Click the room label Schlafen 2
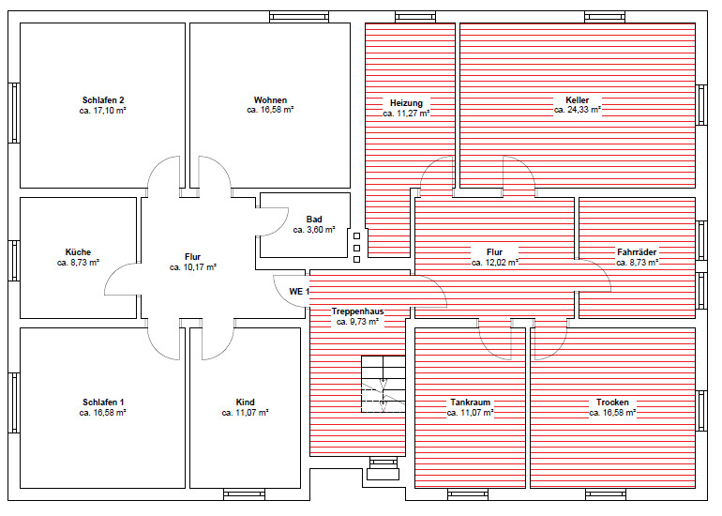pyautogui.click(x=103, y=100)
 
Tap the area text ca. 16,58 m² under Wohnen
pyautogui.click(x=270, y=110)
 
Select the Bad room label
pyautogui.click(x=314, y=220)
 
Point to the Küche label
pyautogui.click(x=78, y=252)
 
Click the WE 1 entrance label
pyautogui.click(x=299, y=292)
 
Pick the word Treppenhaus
pyautogui.click(x=358, y=311)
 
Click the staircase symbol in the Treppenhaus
pyautogui.click(x=384, y=384)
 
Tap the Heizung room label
pyautogui.click(x=406, y=103)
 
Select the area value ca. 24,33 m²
pyautogui.click(x=578, y=110)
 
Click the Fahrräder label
pyautogui.click(x=637, y=252)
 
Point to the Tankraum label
pyautogui.click(x=470, y=402)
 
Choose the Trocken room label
pyautogui.click(x=612, y=402)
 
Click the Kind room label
pyautogui.click(x=245, y=402)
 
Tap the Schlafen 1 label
pyautogui.click(x=103, y=402)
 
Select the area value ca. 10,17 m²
pyautogui.click(x=193, y=267)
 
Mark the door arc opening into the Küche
pyautogui.click(x=114, y=272)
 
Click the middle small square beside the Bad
pyautogui.click(x=356, y=248)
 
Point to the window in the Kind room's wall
pyautogui.click(x=244, y=494)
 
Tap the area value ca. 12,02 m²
pyautogui.click(x=495, y=263)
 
